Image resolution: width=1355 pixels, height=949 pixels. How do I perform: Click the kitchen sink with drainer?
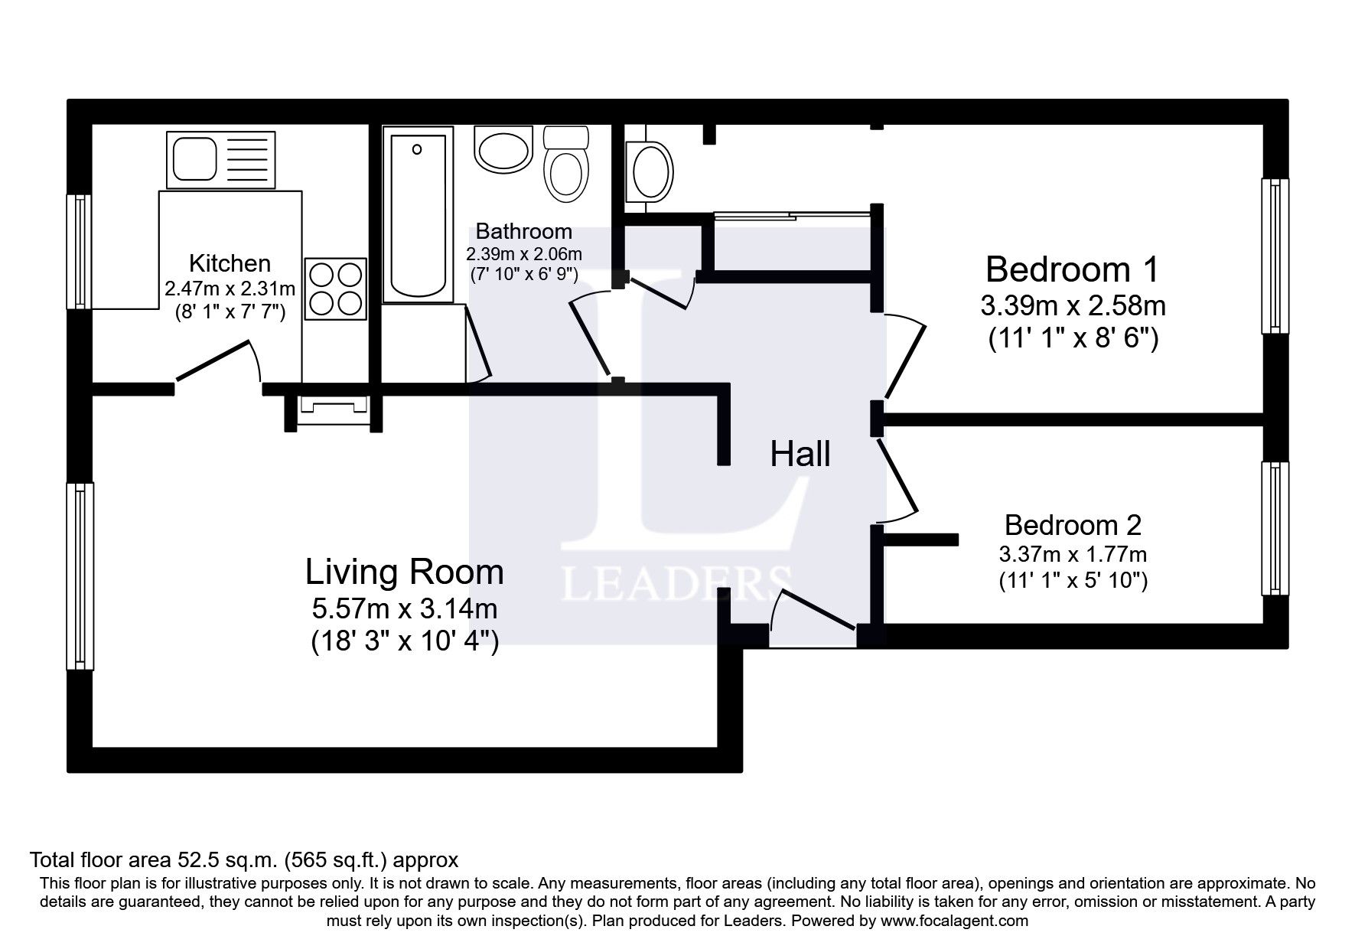click(220, 159)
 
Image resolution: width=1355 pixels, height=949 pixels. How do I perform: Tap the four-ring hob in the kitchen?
click(335, 289)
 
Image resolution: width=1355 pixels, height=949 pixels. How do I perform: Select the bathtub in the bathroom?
click(417, 216)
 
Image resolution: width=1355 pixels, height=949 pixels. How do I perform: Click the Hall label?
click(800, 454)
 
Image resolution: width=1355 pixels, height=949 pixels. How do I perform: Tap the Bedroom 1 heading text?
click(1072, 269)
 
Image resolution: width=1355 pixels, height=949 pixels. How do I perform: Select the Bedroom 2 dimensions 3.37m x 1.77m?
click(1072, 553)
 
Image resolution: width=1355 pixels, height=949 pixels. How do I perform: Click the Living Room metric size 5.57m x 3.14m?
click(404, 609)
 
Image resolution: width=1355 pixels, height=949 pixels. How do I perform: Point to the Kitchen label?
click(230, 263)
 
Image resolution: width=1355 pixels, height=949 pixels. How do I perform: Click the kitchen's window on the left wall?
click(79, 251)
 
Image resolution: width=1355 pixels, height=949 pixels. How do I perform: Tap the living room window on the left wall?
click(80, 576)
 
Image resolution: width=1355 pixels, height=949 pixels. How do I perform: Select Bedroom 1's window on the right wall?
click(1275, 256)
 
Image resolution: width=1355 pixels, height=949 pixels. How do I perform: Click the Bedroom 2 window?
click(1275, 528)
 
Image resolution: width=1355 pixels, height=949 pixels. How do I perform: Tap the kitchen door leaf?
click(215, 360)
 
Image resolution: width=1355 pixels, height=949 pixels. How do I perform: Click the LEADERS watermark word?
click(676, 584)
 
